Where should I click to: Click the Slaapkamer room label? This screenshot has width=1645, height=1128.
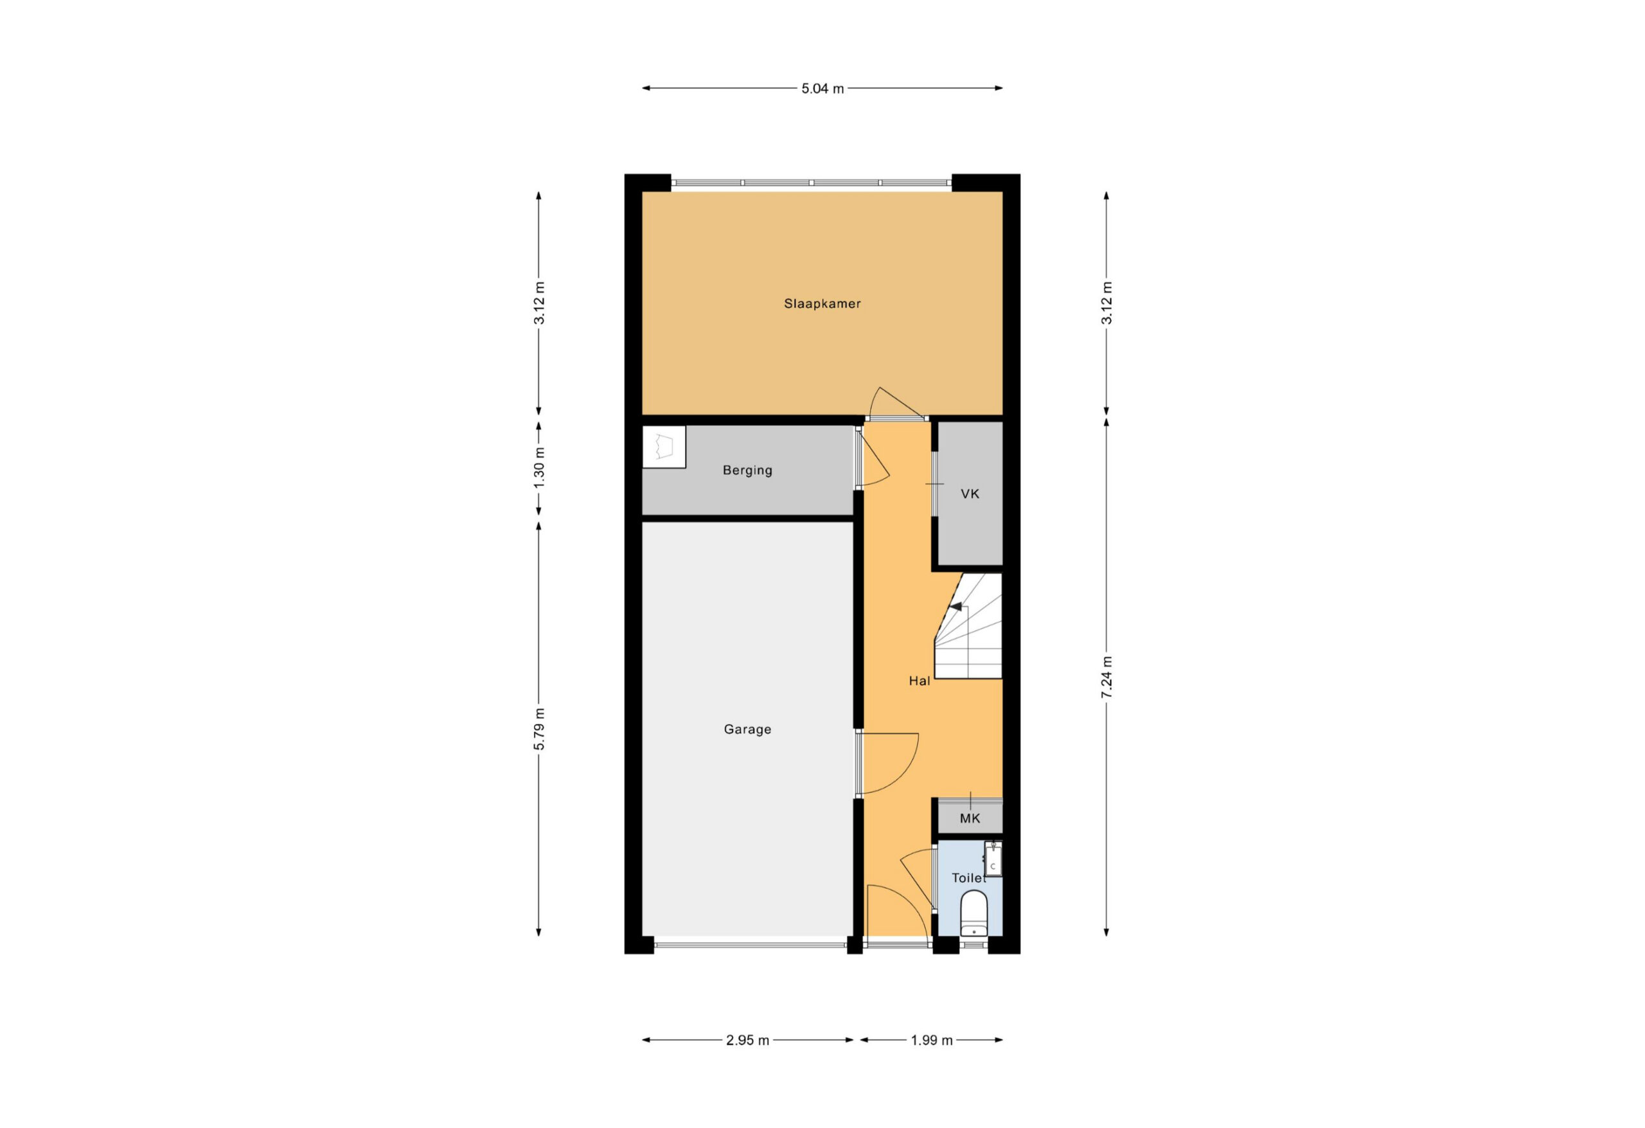pyautogui.click(x=822, y=304)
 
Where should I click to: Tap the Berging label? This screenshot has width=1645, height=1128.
pyautogui.click(x=747, y=470)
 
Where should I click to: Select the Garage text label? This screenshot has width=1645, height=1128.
pyautogui.click(x=747, y=730)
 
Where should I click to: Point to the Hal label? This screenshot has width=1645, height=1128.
pyautogui.click(x=920, y=681)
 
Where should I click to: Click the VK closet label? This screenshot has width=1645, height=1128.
pyautogui.click(x=970, y=494)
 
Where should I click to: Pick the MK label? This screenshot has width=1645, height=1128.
pyautogui.click(x=970, y=819)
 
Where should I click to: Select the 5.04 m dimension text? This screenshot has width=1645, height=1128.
pyautogui.click(x=822, y=89)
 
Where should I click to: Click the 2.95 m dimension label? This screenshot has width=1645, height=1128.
pyautogui.click(x=747, y=1040)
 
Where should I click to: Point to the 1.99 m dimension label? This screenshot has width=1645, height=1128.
pyautogui.click(x=932, y=1040)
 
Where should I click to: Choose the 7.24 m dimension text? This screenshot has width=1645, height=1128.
pyautogui.click(x=1107, y=677)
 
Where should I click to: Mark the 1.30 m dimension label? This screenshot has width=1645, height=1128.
pyautogui.click(x=539, y=467)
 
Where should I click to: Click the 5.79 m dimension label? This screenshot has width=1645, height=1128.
pyautogui.click(x=539, y=729)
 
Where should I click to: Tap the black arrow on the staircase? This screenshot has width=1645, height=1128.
pyautogui.click(x=956, y=607)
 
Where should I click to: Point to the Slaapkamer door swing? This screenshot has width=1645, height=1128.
pyautogui.click(x=893, y=401)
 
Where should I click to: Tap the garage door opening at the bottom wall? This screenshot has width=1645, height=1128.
pyautogui.click(x=751, y=944)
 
